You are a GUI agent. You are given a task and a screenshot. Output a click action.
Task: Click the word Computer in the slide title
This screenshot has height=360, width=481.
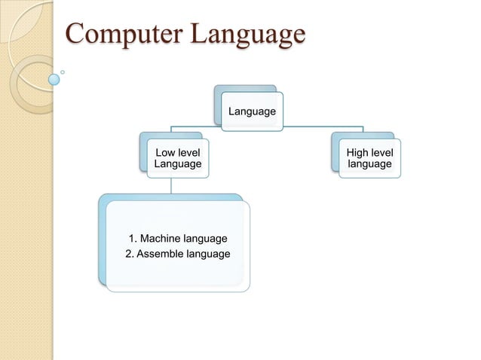pyautogui.click(x=121, y=35)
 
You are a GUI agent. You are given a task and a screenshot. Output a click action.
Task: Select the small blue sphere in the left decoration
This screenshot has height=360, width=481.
pyautogui.click(x=54, y=78)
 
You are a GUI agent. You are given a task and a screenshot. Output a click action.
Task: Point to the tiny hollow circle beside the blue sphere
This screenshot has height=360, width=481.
pyautogui.click(x=63, y=72)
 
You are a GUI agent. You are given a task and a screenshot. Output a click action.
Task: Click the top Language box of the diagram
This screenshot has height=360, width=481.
pyautogui.click(x=252, y=112)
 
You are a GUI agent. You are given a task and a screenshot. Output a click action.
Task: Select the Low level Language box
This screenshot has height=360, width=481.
pyautogui.click(x=178, y=158)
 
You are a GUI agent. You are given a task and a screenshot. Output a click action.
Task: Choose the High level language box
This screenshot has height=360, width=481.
pyautogui.click(x=369, y=158)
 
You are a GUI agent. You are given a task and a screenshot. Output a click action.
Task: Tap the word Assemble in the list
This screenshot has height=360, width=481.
pyautogui.click(x=158, y=253)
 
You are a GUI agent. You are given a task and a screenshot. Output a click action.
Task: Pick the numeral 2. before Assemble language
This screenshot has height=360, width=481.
pyautogui.click(x=129, y=253)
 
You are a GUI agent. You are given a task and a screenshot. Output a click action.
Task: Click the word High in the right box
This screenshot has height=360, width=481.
pyautogui.click(x=357, y=153)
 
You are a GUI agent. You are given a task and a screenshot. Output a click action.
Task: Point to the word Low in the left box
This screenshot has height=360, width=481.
pyautogui.click(x=166, y=153)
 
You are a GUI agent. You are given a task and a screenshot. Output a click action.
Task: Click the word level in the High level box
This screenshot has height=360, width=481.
pyautogui.click(x=381, y=153)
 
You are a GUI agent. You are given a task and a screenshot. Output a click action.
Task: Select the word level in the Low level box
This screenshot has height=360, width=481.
pyautogui.click(x=189, y=153)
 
